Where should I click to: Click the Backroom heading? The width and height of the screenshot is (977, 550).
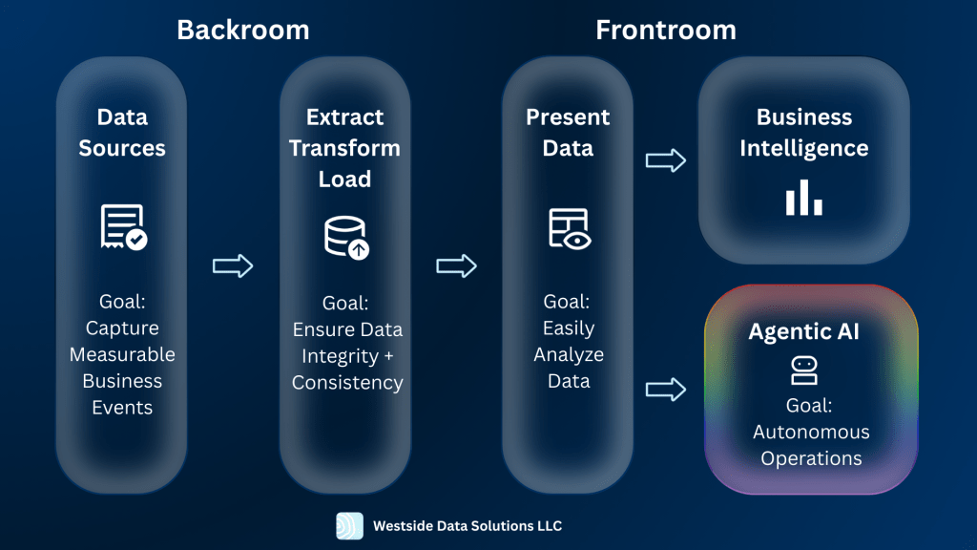click(x=243, y=30)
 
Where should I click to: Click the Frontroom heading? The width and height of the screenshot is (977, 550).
click(x=666, y=30)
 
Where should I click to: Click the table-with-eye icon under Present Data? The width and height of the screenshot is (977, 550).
click(x=569, y=229)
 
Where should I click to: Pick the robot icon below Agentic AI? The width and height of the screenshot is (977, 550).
click(x=802, y=370)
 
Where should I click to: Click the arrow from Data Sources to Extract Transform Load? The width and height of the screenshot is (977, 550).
click(x=233, y=265)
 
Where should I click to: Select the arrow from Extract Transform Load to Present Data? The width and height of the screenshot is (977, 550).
click(x=456, y=265)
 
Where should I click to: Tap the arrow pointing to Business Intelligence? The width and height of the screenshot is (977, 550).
click(x=666, y=160)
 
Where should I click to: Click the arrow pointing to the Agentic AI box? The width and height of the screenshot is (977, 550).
click(x=666, y=389)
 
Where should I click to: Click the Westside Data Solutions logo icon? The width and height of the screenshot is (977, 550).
click(x=349, y=526)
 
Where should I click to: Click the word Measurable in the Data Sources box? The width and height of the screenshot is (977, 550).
click(x=122, y=354)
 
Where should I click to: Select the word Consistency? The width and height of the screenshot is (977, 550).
click(x=347, y=382)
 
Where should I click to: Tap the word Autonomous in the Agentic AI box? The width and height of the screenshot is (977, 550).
click(x=811, y=432)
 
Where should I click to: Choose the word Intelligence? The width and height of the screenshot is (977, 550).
click(x=803, y=148)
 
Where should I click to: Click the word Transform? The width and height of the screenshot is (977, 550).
click(x=344, y=148)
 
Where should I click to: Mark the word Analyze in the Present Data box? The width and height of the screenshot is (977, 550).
click(x=569, y=354)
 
